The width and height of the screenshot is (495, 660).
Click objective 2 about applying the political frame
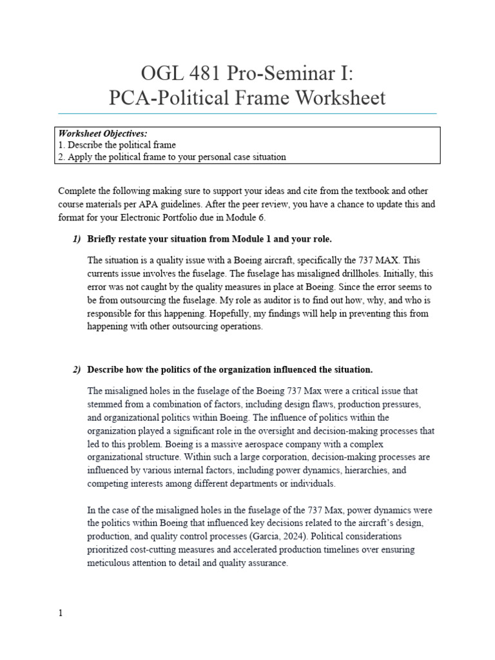172,157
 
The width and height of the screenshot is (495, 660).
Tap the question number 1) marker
77,239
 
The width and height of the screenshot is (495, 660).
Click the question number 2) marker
77,369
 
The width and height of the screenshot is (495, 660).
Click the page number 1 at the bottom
61,613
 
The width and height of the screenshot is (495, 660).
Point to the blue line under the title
247,114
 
